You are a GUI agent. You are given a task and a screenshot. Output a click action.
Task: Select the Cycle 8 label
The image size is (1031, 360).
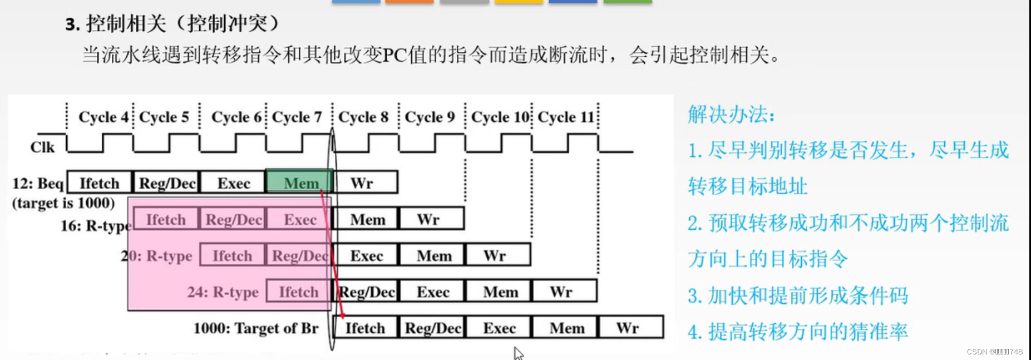[363, 117]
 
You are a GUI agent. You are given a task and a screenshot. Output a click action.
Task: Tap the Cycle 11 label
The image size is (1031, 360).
[566, 117]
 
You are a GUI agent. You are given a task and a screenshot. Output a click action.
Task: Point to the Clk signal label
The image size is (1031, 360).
[42, 147]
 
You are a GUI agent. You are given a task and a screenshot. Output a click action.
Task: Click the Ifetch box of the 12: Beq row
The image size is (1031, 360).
[100, 183]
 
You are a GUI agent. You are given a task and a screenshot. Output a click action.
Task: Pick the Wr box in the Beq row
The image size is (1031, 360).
[365, 183]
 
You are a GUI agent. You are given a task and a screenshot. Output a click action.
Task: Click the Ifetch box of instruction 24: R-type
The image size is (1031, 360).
[299, 292]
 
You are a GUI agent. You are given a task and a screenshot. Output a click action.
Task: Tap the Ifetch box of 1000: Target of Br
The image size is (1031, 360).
[365, 328]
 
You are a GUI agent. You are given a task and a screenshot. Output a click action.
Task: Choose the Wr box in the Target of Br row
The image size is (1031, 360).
[630, 328]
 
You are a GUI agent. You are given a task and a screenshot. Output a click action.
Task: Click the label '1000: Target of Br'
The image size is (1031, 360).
[256, 328]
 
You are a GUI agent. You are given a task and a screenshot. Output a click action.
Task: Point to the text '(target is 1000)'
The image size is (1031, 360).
[63, 203]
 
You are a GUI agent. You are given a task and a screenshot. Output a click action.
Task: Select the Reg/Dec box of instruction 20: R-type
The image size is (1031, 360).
[299, 255]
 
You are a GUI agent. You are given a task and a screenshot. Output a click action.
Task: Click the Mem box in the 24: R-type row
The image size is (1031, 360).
[499, 292]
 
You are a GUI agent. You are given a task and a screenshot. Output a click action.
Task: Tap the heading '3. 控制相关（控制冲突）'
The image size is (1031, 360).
[172, 24]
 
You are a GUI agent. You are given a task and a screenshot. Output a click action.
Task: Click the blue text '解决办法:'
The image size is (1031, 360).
[731, 115]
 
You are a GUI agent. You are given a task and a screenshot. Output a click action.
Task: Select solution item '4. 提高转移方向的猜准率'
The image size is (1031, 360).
[798, 332]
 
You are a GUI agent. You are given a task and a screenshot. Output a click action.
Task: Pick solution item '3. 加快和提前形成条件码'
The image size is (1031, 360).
[798, 295]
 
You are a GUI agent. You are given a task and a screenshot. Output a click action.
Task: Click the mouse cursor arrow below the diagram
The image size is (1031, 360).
[518, 353]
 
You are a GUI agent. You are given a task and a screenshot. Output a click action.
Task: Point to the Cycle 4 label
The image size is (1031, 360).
[103, 117]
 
